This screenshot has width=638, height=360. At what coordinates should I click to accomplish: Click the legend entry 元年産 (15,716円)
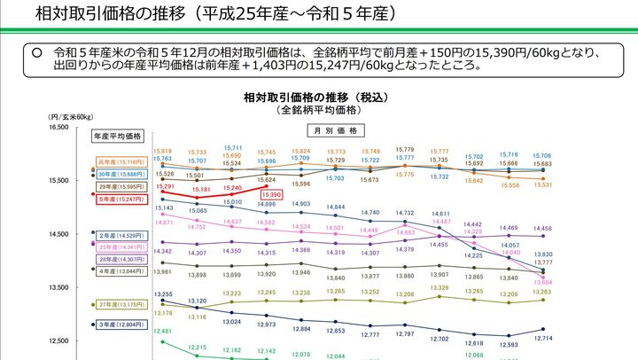click(122, 162)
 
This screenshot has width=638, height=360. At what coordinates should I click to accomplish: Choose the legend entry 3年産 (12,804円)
click(121, 325)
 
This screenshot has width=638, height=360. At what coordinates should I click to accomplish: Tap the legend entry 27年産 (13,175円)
click(122, 304)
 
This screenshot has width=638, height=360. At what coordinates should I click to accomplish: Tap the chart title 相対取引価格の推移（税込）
click(320, 96)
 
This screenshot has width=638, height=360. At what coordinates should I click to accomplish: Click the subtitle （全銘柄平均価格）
click(320, 110)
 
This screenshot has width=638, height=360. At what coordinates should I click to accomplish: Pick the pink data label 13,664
click(542, 282)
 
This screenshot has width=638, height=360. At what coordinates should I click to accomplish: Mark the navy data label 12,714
click(543, 339)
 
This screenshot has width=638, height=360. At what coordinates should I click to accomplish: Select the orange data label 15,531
click(542, 185)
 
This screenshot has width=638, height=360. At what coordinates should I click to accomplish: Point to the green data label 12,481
click(163, 331)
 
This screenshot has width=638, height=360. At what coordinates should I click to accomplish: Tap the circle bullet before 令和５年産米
click(37, 52)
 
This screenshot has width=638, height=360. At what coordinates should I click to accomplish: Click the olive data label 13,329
click(440, 288)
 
